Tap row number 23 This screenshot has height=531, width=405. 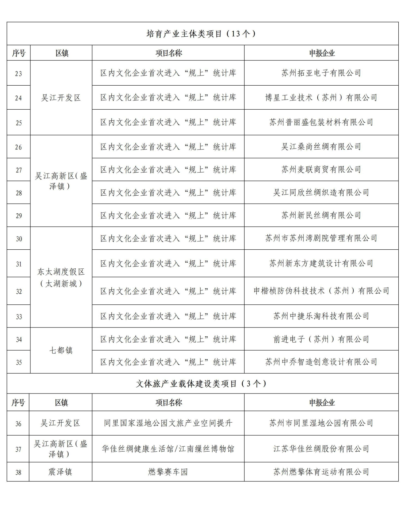point(19,74)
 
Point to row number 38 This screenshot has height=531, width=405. point(18,472)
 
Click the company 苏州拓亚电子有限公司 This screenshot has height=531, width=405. point(321,73)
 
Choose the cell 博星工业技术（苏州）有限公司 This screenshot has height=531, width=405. point(321,97)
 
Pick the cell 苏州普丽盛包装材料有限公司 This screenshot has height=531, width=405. point(321,122)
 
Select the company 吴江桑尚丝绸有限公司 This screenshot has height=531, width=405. point(321,147)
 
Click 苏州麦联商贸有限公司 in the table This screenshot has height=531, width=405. point(321,170)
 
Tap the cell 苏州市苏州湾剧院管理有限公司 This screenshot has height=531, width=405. point(321,238)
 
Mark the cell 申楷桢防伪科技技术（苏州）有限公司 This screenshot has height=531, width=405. point(321,291)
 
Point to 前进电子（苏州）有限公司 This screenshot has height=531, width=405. point(321,339)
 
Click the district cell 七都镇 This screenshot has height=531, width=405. point(61,350)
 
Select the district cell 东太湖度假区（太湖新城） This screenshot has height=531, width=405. point(61,278)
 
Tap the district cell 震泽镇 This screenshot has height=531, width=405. point(60,472)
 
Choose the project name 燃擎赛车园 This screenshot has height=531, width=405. point(168,472)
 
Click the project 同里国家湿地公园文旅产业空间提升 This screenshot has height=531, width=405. point(168,423)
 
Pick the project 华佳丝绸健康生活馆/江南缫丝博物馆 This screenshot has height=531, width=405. point(168,449)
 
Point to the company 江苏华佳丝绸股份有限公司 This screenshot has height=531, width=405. point(321,449)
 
